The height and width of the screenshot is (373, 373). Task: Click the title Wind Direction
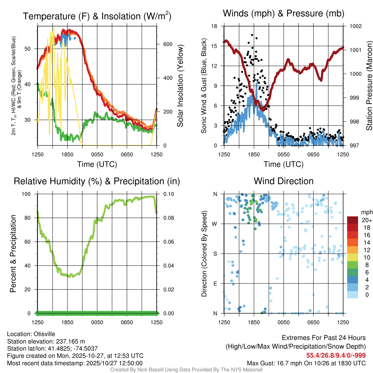283,181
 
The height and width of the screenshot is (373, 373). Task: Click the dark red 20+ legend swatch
353,220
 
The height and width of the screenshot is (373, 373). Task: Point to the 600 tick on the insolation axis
163,44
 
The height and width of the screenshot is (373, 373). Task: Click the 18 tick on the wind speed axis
215,26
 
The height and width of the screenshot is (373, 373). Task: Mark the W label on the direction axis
215,224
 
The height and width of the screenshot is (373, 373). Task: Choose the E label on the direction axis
215,283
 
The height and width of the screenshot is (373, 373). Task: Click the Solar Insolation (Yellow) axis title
180,86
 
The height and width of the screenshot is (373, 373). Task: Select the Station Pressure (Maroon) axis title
369,86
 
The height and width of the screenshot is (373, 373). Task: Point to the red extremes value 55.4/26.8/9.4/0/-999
336,356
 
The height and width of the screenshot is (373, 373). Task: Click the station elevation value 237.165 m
70,341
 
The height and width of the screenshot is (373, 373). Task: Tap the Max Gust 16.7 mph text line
306,363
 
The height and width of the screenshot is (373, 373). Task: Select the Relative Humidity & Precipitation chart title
97,181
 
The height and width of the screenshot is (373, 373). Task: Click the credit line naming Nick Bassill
186,370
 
